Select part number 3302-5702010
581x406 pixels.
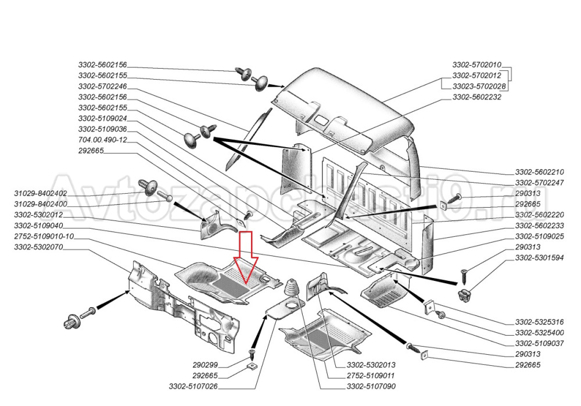pos(476,65)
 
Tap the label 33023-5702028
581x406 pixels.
pos(479,87)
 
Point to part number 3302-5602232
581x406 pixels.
pos(476,97)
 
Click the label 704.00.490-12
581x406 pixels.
pos(102,140)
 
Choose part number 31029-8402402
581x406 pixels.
pos(40,193)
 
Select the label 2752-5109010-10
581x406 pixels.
pos(44,237)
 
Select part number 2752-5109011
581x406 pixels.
pos(371,376)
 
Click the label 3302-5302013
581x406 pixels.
pos(371,365)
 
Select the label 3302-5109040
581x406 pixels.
pos(38,226)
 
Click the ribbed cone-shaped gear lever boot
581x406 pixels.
pos(290,288)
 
